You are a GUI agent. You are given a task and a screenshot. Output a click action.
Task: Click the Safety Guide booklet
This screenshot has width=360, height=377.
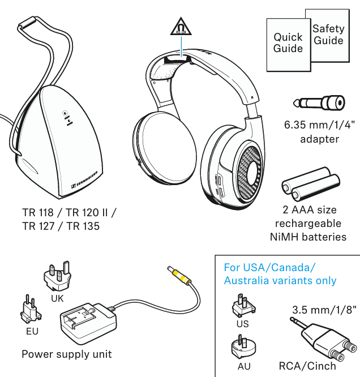[x=328, y=34]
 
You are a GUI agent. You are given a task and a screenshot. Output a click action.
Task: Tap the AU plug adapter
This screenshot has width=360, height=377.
[x=243, y=346]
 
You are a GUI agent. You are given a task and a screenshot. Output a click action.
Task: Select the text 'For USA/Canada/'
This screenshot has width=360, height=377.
[x=269, y=267]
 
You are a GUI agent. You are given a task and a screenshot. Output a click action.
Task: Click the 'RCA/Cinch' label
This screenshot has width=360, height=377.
[x=307, y=366]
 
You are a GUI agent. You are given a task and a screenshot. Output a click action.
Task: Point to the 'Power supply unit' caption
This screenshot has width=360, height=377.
[x=66, y=354]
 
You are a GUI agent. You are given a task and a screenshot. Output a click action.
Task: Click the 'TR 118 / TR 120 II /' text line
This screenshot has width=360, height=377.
[x=69, y=213]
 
